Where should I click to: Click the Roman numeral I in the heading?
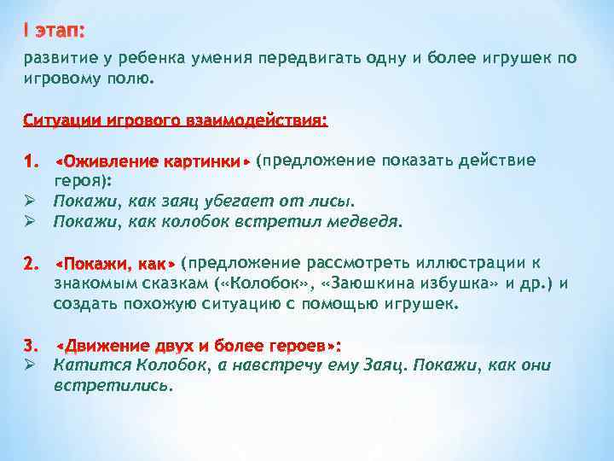(26, 31)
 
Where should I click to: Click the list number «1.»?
(32, 160)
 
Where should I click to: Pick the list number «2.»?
(32, 262)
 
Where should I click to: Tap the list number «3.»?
(32, 345)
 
